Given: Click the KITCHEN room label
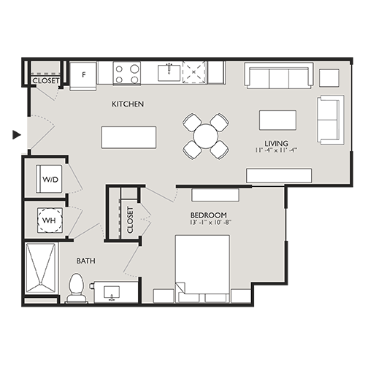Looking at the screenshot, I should point(128,104).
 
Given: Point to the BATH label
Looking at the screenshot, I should point(87,260).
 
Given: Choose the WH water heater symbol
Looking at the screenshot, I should point(49,220).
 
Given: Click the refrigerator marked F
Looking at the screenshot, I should point(84,74).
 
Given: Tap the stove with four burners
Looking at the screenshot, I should point(127,73).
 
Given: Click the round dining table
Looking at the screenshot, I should point(206,135).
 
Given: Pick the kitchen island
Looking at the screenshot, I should point(128,137).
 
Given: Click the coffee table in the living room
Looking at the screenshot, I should point(277,120).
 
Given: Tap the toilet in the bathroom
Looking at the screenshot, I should point(76,288).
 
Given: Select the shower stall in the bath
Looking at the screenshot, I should point(42,271).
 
